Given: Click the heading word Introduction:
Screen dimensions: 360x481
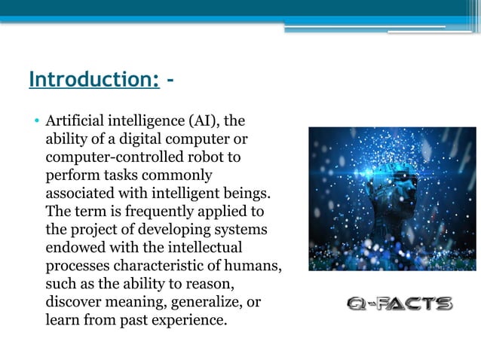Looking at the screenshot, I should (x=94, y=80).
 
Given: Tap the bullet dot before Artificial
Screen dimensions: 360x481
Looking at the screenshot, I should (x=35, y=121).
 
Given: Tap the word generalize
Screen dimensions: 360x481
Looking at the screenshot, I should (x=205, y=301).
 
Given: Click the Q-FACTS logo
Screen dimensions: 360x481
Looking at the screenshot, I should (x=400, y=304).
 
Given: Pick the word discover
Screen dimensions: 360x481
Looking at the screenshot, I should (x=74, y=301).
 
